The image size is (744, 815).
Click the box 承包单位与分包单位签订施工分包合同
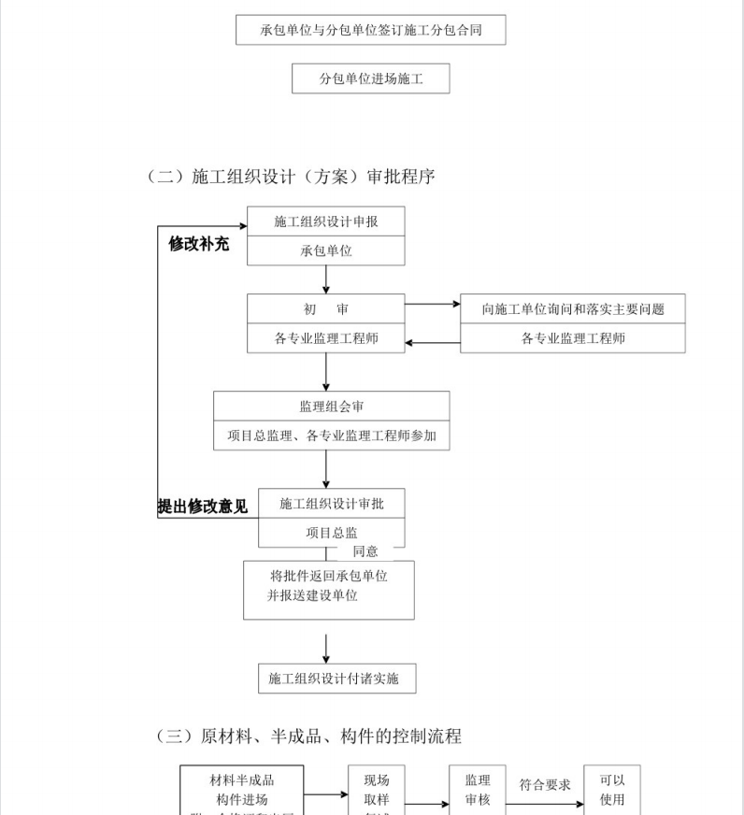click(x=371, y=30)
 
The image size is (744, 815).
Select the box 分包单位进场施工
click(x=371, y=79)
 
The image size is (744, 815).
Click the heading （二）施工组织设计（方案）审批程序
click(x=290, y=176)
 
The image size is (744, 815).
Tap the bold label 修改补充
click(x=198, y=244)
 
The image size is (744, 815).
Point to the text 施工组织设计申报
click(x=326, y=222)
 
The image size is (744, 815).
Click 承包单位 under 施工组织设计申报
click(x=326, y=250)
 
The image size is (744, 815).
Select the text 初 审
click(x=326, y=309)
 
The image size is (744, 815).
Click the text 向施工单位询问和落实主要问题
click(x=573, y=309)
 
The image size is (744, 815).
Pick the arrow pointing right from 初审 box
click(x=433, y=304)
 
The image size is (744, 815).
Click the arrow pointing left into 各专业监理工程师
click(x=433, y=343)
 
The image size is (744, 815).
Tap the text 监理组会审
click(x=332, y=407)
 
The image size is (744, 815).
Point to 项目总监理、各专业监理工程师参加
click(x=332, y=436)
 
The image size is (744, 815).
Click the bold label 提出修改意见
click(x=203, y=507)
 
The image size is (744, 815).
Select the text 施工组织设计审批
click(x=332, y=504)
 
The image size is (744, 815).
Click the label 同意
click(x=365, y=551)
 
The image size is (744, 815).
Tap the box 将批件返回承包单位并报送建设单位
click(x=328, y=589)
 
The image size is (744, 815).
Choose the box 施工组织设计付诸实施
click(x=336, y=679)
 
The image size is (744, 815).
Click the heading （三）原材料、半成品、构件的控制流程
click(x=308, y=736)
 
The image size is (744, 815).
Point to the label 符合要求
click(x=545, y=785)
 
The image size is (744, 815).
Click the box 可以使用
click(x=612, y=789)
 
